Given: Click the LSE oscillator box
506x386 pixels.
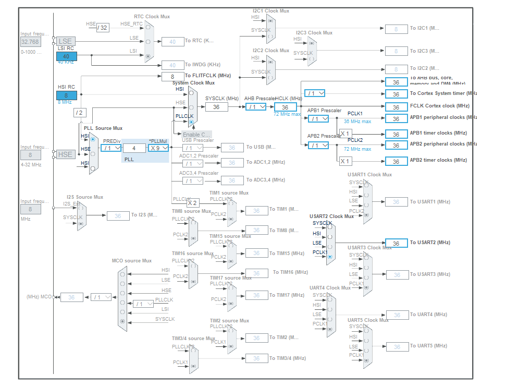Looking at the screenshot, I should coord(65,41).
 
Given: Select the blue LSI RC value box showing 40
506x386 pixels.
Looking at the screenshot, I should coord(66,56).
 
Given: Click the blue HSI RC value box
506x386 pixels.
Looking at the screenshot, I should coord(66,95).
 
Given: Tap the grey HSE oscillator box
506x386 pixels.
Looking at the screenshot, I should coord(65,154).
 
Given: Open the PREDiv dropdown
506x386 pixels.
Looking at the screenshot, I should coord(112,148).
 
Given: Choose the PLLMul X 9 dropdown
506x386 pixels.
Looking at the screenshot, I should coord(158,148).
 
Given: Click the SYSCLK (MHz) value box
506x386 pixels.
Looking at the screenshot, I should coord(216,107).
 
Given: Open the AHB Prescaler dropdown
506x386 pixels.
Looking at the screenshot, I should coord(255,107).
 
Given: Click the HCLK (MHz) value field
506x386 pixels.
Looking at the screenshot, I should coord(285,107).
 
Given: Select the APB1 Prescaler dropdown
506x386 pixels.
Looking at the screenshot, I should coord(318,119).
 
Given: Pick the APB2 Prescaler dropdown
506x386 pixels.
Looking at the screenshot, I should coord(318,146).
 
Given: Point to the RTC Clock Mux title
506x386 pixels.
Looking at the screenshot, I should coord(152,17).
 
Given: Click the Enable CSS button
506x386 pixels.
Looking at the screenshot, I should coord(196,134).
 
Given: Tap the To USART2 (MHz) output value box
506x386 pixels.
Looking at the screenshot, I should coord(396,243).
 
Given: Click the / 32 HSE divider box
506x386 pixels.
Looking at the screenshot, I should coord(103,28).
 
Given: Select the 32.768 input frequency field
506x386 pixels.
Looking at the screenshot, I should coord(30,42).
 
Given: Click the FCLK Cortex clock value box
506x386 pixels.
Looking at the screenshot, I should coord(396,107).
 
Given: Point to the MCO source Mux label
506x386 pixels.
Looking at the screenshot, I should coord(132,261).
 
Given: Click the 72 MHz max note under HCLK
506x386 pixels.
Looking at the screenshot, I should coord(287,114).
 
